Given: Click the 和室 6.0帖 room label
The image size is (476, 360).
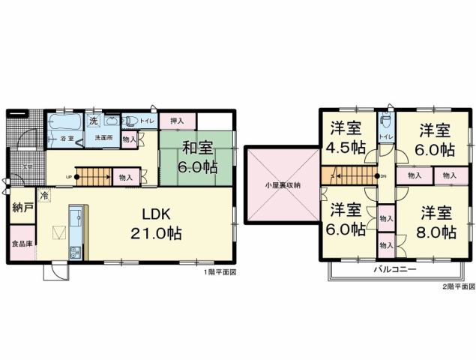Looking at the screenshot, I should tap(197, 157).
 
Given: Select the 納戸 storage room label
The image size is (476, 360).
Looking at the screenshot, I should tap(22, 208).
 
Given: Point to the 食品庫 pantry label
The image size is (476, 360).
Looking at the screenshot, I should tap(22, 244).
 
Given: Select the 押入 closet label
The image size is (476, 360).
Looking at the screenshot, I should tap(177, 120).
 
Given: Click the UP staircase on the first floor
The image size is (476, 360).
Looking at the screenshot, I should tap(94, 177).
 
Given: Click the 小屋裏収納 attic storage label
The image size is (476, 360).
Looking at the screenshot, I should tap(282, 184).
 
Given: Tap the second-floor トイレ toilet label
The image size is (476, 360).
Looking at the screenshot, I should tap(385, 136).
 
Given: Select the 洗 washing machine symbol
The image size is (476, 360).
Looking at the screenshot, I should tap(94, 121).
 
